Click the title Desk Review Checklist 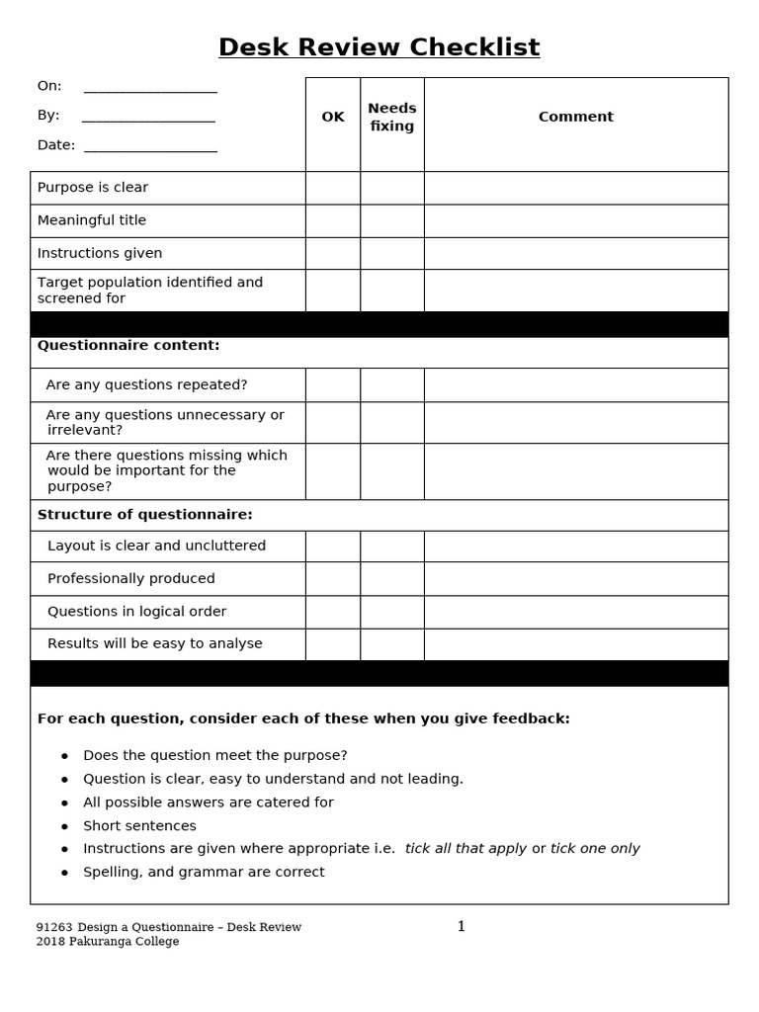coord(379,47)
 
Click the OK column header coord(333,117)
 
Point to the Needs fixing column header coord(392,117)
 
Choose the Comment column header coord(575,117)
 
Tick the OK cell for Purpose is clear coord(333,188)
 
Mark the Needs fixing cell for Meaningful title coord(392,220)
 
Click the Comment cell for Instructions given coord(575,253)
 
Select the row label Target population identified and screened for coord(150,290)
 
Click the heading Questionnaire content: coord(128,345)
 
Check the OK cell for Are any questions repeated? coord(333,384)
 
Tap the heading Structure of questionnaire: coord(145,515)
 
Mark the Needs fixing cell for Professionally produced coord(392,578)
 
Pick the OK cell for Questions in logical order coord(333,612)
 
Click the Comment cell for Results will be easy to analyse coord(575,644)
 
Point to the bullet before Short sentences coord(65,826)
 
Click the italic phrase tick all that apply coord(465,848)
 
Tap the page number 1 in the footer coord(461,926)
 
